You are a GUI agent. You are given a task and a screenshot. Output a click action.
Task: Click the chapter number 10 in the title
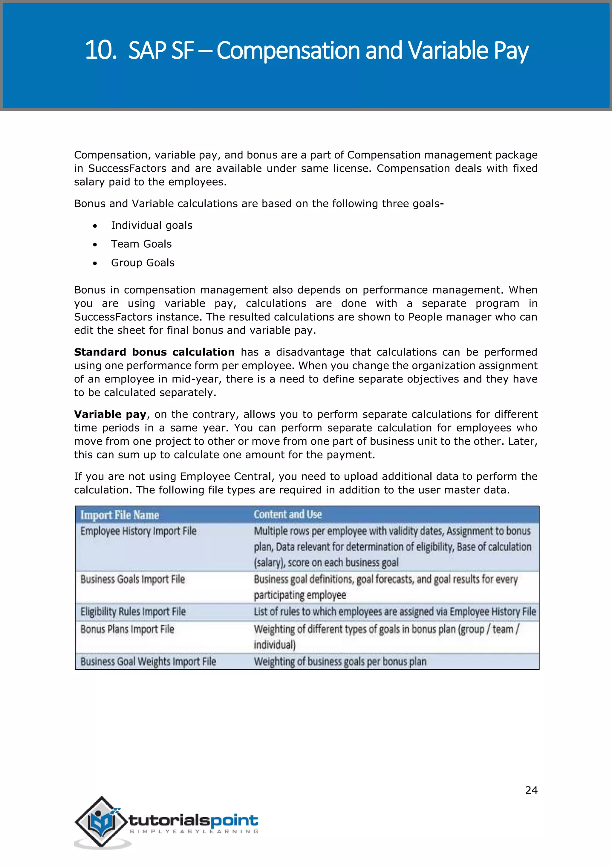click(100, 50)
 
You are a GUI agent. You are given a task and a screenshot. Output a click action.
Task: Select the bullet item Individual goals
click(152, 225)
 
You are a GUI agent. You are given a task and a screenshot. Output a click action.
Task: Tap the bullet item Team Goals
click(141, 244)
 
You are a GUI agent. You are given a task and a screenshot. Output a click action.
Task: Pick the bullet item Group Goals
click(143, 263)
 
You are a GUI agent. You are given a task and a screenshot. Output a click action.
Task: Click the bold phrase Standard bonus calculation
click(154, 352)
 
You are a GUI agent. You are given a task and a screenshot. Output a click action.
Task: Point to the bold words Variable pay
click(110, 414)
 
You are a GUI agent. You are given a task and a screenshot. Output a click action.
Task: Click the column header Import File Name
click(120, 515)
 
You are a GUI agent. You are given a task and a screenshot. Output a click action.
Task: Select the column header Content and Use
click(287, 514)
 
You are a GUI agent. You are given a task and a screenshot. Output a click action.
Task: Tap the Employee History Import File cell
click(138, 531)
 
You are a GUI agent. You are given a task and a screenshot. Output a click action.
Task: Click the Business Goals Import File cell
click(133, 579)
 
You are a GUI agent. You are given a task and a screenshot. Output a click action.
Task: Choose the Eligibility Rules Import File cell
click(133, 612)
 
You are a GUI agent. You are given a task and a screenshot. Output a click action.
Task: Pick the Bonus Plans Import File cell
click(127, 629)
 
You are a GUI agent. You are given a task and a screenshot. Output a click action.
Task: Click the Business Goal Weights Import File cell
click(148, 661)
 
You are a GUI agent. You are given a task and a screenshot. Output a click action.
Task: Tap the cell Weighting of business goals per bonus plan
click(340, 661)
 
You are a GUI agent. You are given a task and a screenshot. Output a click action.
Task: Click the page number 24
click(531, 790)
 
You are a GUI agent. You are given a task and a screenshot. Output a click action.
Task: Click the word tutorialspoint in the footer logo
click(193, 820)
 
